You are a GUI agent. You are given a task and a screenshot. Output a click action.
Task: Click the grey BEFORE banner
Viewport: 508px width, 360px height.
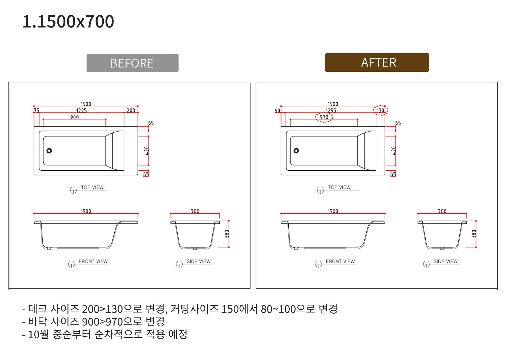[132, 63]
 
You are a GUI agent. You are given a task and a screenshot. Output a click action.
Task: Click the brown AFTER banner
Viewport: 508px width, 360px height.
[377, 62]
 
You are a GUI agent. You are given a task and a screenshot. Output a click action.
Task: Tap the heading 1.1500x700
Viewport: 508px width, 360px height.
[68, 21]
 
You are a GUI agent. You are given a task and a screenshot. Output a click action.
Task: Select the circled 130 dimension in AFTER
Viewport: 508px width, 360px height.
[380, 110]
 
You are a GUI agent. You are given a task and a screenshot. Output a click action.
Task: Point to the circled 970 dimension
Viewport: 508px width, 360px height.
[324, 117]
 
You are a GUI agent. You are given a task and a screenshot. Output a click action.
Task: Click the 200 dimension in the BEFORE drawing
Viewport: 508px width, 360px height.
[131, 110]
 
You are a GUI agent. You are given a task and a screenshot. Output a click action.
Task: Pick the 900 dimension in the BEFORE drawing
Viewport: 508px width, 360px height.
[75, 117]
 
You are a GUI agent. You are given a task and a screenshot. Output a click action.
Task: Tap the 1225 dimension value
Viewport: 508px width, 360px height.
[81, 110]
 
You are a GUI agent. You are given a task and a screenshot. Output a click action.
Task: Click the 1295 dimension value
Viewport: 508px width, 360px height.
[331, 110]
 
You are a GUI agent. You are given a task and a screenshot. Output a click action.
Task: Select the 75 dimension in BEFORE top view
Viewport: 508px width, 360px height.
[37, 110]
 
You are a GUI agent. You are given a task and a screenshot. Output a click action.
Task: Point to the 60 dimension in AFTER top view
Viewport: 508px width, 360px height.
[277, 110]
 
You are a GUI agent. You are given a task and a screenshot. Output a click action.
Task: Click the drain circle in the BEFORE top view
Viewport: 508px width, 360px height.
[49, 151]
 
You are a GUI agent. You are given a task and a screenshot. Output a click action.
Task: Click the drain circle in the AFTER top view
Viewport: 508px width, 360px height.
[296, 151]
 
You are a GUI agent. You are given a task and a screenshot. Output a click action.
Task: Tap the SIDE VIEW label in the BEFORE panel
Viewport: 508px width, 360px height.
[198, 261]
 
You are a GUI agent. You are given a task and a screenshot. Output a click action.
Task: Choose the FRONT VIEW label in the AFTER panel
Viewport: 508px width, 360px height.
[340, 261]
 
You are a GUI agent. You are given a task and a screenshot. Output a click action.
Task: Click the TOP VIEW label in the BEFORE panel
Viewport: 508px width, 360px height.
[92, 187]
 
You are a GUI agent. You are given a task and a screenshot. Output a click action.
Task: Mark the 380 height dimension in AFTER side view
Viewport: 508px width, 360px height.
[474, 234]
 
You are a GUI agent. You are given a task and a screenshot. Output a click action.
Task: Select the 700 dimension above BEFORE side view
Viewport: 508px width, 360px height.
[195, 211]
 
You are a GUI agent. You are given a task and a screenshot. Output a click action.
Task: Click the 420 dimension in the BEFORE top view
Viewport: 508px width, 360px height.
[147, 151]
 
